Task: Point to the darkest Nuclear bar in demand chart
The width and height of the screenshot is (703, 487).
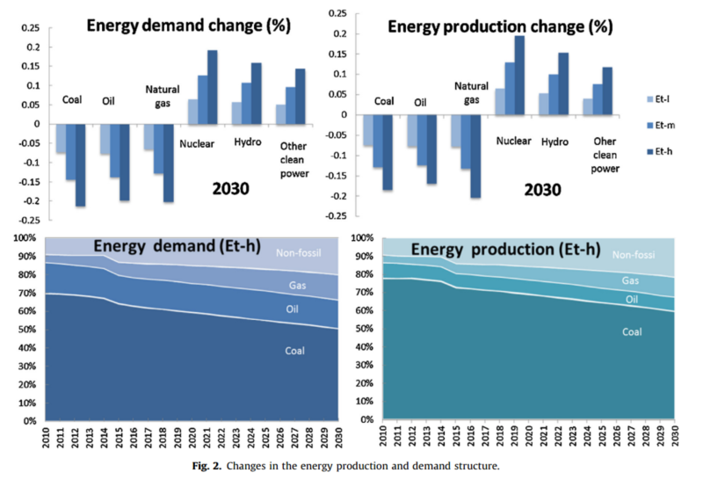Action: tap(212, 87)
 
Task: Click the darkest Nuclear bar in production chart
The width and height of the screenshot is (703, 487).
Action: tap(518, 75)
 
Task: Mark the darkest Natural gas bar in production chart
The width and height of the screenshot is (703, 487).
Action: tap(475, 156)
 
